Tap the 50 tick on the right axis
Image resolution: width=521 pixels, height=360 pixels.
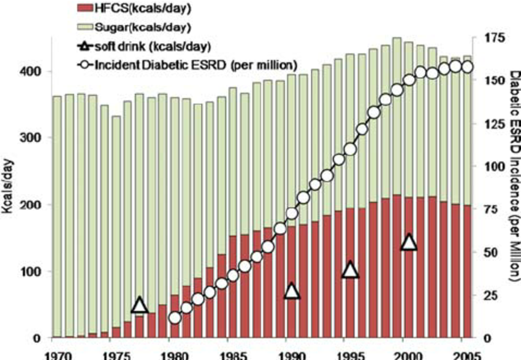tap(488, 252)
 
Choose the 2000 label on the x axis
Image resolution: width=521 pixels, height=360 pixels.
tap(408, 354)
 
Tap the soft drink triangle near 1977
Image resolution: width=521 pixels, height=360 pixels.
tap(140, 305)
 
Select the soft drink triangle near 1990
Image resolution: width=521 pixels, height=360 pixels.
tap(292, 291)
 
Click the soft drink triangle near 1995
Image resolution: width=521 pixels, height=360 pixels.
tap(351, 270)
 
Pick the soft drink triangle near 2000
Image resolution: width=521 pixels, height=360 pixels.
tap(409, 242)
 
